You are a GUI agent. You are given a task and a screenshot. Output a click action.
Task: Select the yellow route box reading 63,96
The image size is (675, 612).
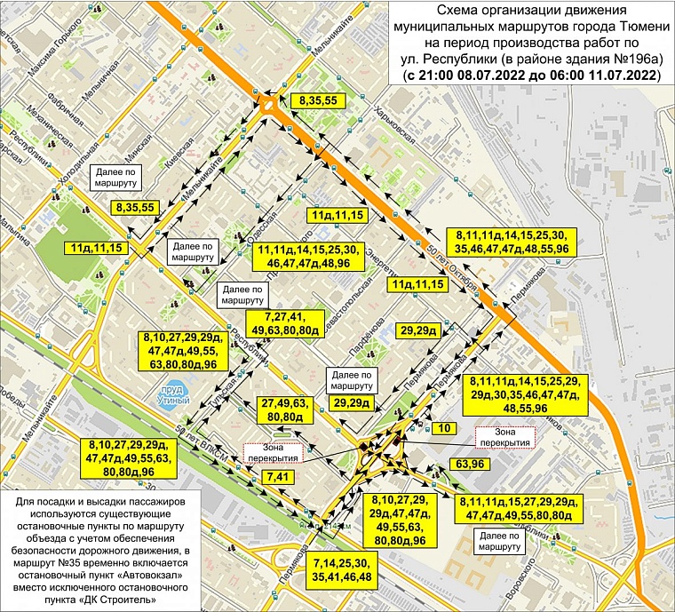471,464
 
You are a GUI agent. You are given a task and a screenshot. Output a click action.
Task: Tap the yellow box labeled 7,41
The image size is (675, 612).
276,478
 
